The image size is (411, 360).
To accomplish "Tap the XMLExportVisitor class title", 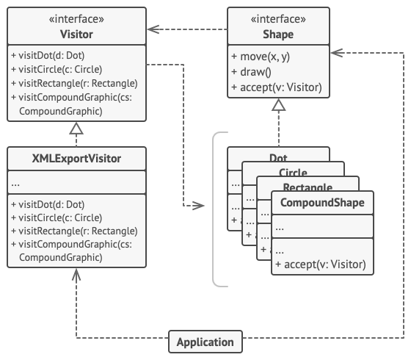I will click(76, 158).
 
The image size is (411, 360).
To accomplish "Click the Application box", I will click(205, 342).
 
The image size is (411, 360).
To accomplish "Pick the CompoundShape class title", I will click(322, 203).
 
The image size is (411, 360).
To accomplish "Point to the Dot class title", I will click(278, 158).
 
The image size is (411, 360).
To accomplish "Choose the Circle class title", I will click(293, 172).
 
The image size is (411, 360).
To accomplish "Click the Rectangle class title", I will click(308, 187).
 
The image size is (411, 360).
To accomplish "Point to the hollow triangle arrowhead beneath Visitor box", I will click(76, 129).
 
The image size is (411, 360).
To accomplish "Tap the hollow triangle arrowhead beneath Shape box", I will click(277, 106).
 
